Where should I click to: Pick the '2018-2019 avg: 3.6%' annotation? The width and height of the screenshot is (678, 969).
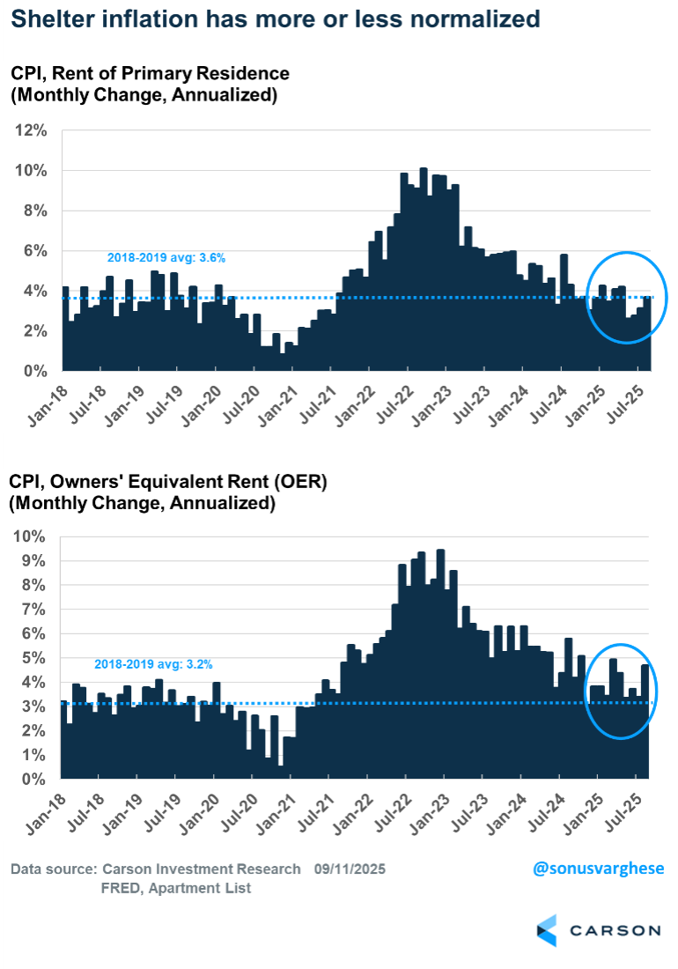click(x=166, y=258)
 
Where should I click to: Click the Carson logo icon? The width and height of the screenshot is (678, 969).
click(x=546, y=930)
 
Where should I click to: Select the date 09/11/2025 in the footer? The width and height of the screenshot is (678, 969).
click(x=350, y=869)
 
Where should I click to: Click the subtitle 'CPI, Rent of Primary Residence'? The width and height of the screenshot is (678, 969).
click(x=150, y=74)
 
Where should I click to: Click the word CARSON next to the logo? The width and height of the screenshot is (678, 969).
click(x=614, y=930)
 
